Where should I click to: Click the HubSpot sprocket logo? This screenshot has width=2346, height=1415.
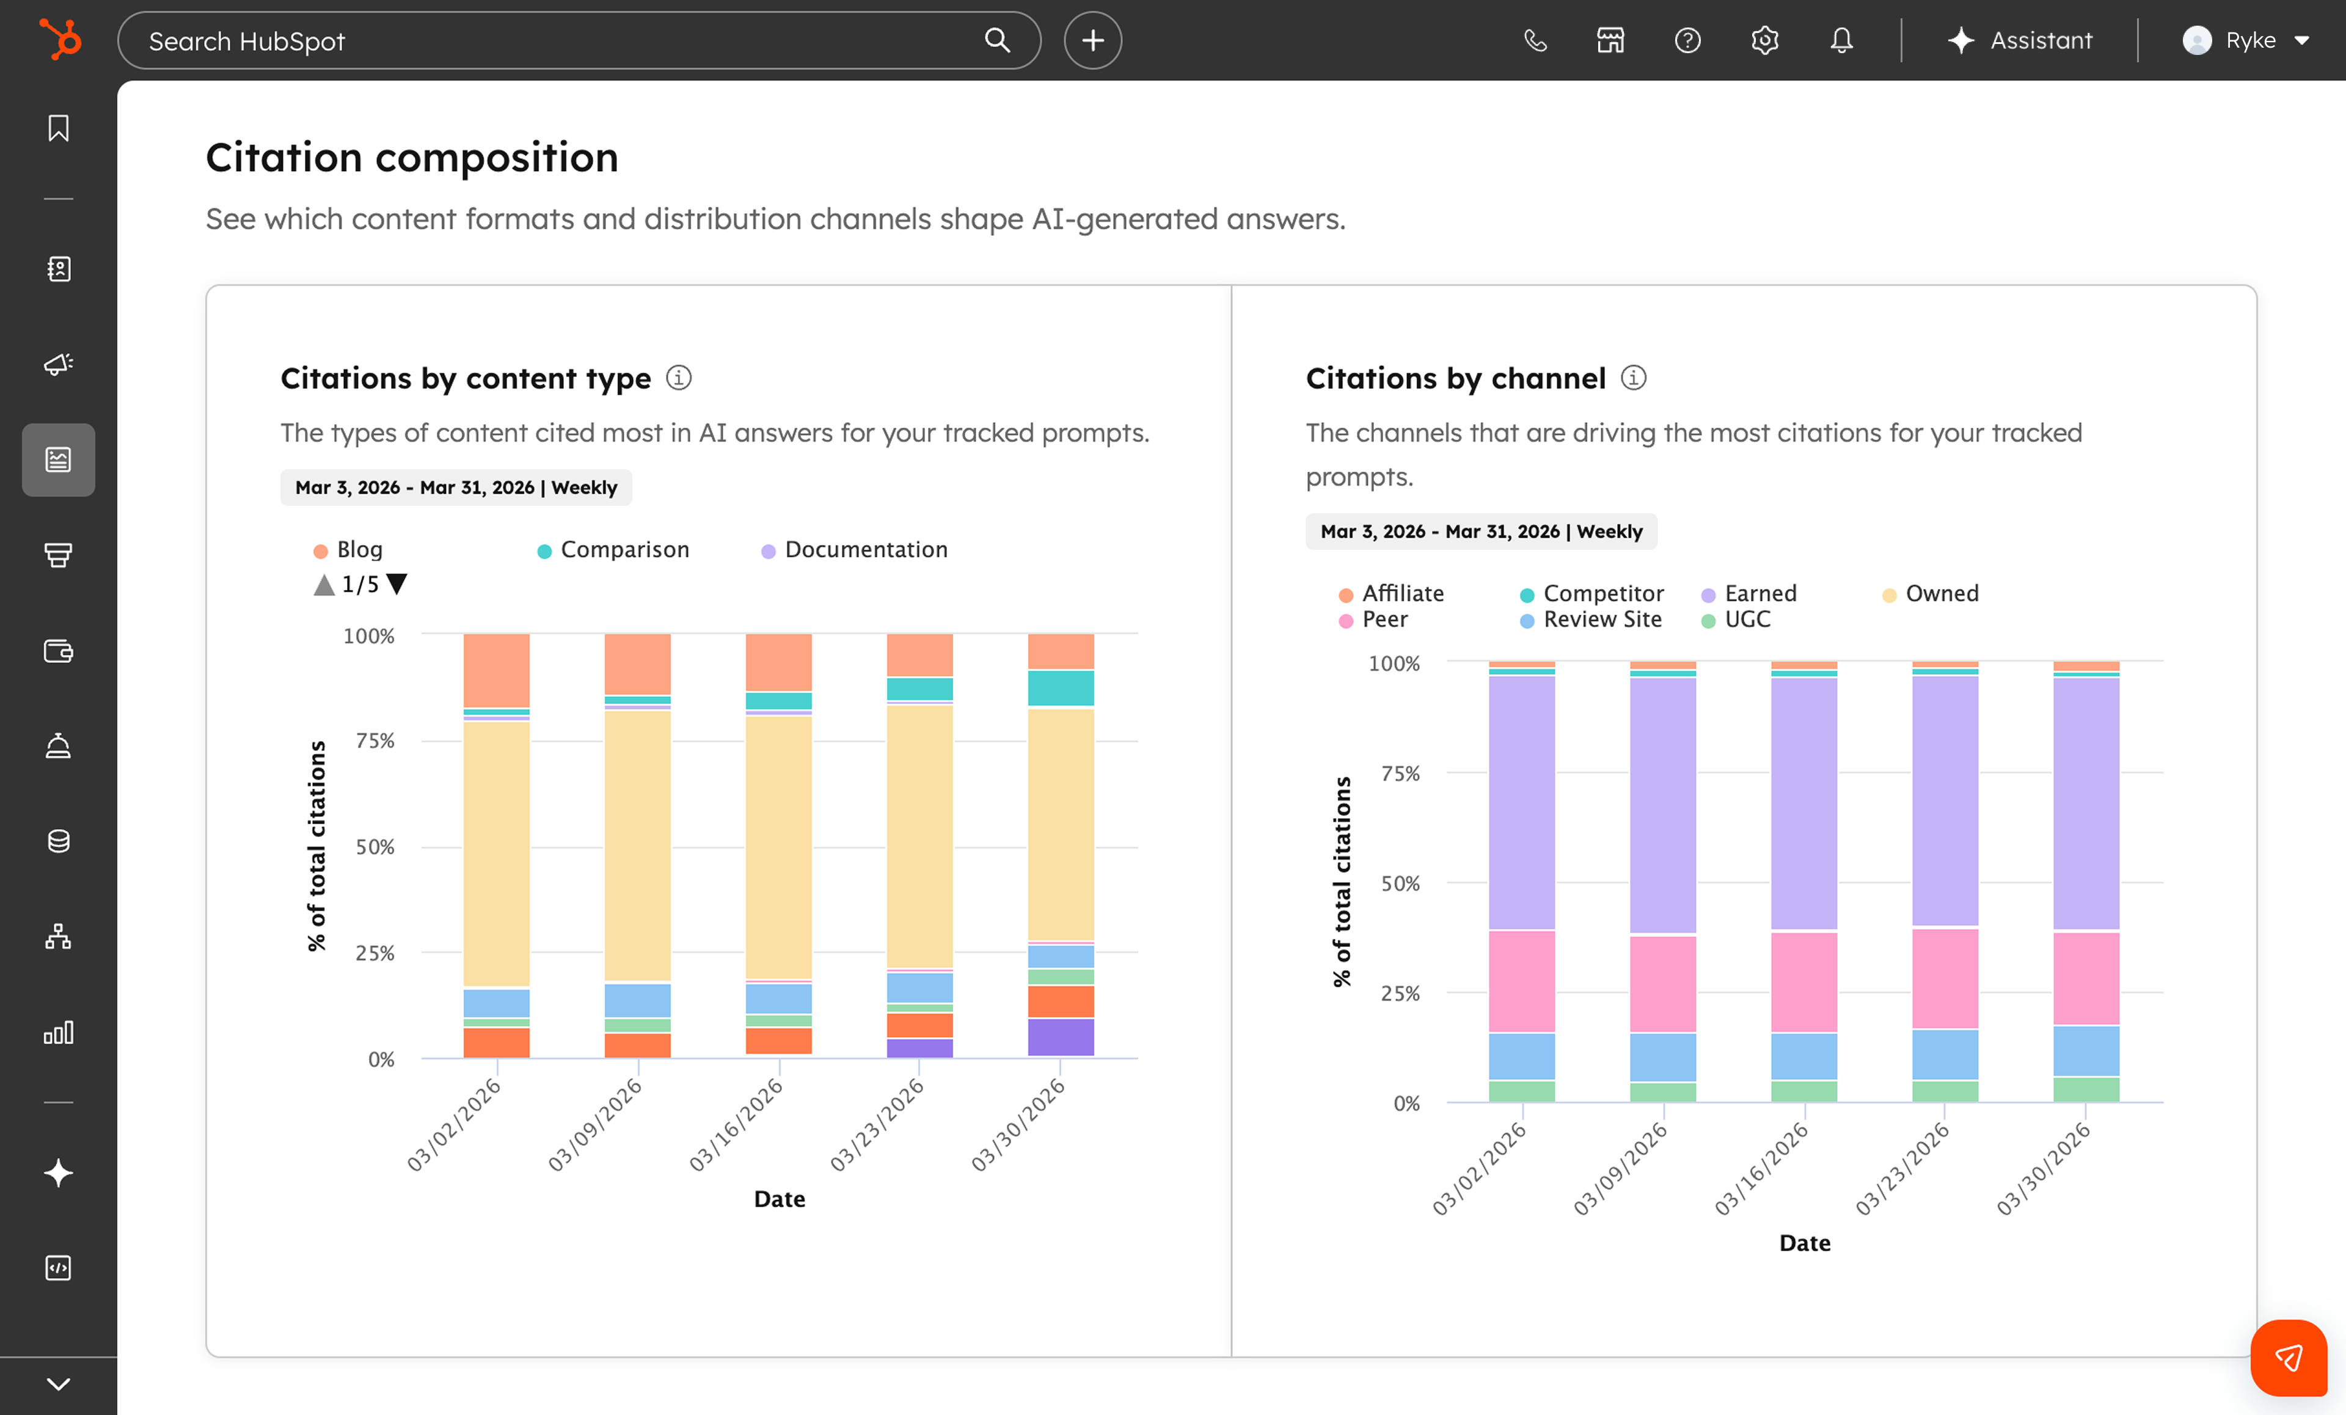pos(60,40)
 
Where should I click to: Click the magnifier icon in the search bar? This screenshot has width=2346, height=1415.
pos(997,40)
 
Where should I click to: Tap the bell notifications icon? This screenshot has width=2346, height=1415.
pos(1841,40)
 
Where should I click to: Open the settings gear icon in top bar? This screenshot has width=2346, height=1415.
pos(1764,40)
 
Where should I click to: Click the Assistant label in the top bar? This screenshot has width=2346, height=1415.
pos(2041,40)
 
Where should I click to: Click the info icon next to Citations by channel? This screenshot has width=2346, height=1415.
pos(1634,378)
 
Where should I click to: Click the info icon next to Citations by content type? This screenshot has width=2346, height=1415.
pos(679,378)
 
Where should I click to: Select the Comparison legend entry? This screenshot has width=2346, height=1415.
pos(624,549)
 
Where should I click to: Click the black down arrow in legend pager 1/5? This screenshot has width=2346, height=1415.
pos(397,583)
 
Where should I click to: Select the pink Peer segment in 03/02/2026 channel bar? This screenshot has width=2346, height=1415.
pos(1521,981)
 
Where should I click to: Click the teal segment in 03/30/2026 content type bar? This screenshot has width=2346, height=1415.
pos(1060,687)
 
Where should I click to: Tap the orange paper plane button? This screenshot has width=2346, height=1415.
pos(2288,1357)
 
